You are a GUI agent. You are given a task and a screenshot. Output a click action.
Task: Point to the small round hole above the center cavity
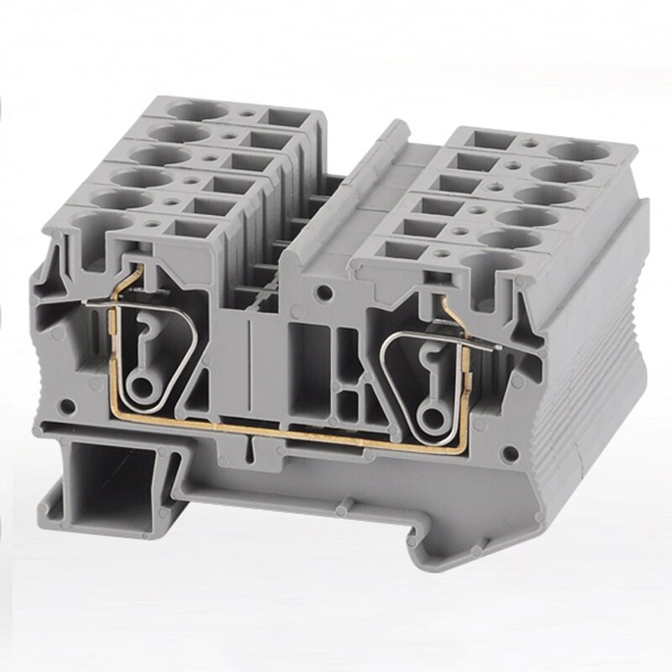tap(322, 293)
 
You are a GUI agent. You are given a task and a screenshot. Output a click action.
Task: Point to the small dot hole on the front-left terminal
tap(154, 224)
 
